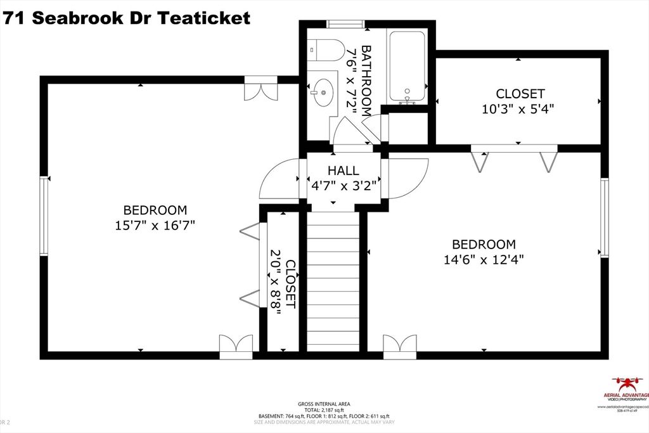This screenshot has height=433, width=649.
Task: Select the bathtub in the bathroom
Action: tap(409, 66)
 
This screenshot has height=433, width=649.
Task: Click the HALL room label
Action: tap(343, 171)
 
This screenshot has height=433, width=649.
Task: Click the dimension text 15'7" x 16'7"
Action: tap(155, 225)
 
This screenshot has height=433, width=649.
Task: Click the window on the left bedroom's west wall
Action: tap(44, 216)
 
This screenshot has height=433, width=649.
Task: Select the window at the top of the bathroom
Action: tap(345, 24)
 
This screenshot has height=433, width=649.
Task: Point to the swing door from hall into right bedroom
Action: tap(407, 178)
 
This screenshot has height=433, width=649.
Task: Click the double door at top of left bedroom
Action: tap(260, 88)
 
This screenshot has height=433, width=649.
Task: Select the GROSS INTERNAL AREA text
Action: tap(324, 404)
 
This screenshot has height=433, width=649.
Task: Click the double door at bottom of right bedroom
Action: tap(400, 346)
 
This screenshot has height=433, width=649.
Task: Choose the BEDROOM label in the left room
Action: tap(155, 210)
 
